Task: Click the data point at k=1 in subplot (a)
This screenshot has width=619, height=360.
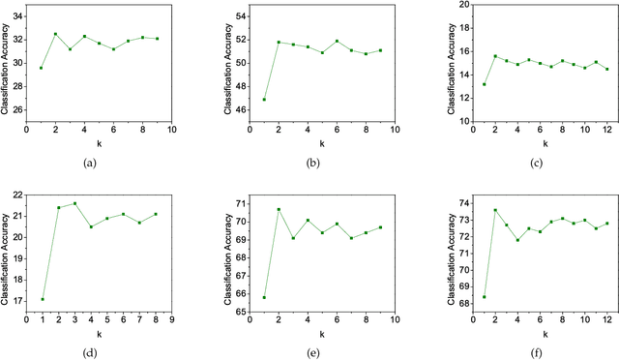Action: click(x=41, y=68)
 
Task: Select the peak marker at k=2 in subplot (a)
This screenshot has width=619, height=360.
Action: click(x=55, y=34)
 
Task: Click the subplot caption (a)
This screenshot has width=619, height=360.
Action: click(x=91, y=163)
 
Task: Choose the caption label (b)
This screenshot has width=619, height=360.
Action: click(x=313, y=163)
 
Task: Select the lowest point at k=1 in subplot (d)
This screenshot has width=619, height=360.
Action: click(x=43, y=299)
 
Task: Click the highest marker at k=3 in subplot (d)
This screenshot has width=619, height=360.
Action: click(x=74, y=203)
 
